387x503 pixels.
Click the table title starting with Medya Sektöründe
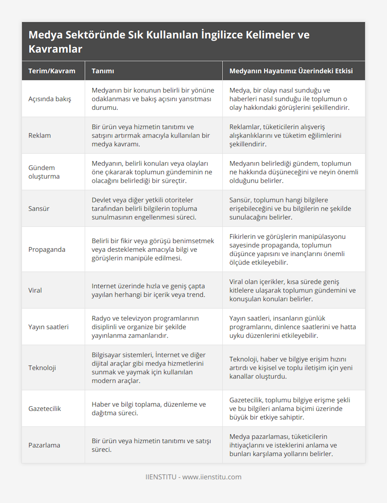[169, 42]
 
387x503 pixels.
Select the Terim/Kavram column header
[52, 71]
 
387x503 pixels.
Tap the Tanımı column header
[103, 71]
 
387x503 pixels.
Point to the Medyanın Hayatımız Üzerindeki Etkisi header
[291, 71]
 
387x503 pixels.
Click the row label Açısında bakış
[50, 99]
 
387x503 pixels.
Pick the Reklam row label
[39, 136]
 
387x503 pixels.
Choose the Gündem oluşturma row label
[44, 172]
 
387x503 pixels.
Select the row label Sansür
[39, 208]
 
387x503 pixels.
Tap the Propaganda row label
[47, 249]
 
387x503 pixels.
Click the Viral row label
[35, 290]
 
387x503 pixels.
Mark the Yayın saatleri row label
[48, 327]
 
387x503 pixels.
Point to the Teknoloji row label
[42, 368]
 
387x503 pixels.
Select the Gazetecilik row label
[45, 408]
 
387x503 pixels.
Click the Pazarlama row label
[44, 445]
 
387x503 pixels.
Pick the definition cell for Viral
[148, 290]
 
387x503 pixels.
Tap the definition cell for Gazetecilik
[149, 408]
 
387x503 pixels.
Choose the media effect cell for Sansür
[290, 208]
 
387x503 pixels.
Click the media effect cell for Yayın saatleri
[293, 327]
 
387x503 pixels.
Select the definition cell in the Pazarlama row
[151, 445]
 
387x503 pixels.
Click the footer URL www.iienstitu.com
[212, 477]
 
